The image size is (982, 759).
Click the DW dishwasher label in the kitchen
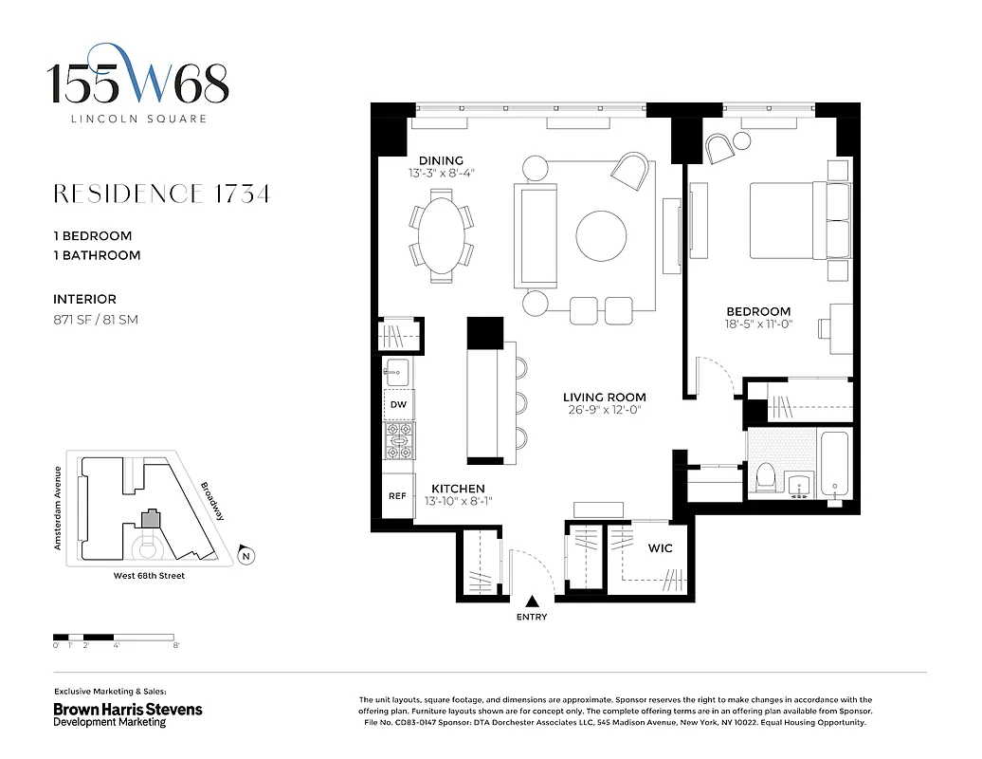tap(398, 405)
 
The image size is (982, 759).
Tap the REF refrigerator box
tap(398, 495)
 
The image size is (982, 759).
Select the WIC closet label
tap(660, 548)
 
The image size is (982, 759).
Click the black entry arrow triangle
tap(532, 601)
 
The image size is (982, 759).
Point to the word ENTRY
tap(532, 617)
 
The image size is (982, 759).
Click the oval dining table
tap(441, 235)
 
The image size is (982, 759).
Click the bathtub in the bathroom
tap(835, 466)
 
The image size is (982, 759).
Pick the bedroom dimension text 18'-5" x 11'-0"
tap(757, 324)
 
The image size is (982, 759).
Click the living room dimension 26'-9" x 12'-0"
tap(604, 411)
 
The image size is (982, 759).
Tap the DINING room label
tap(441, 160)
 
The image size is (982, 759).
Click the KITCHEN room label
tap(458, 489)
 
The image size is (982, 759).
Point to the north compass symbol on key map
tap(245, 556)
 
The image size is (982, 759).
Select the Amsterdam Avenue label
tap(59, 508)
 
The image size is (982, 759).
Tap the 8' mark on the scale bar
tap(176, 645)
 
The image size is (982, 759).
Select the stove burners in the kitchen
tap(398, 440)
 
